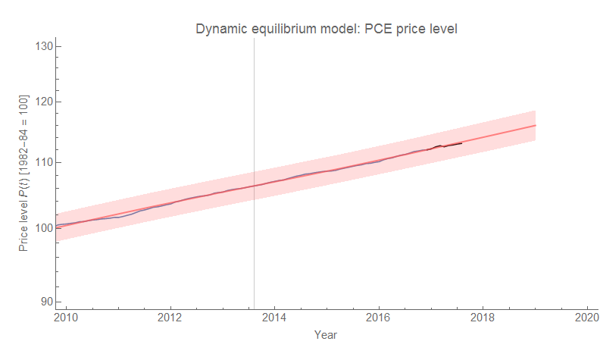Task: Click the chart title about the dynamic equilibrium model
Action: click(x=327, y=29)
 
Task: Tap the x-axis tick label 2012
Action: click(x=170, y=317)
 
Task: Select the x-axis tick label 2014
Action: click(x=275, y=317)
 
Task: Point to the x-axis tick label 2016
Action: click(x=379, y=317)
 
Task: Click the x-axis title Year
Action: click(x=326, y=334)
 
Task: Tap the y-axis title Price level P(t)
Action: click(x=24, y=174)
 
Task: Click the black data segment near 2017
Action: click(x=447, y=146)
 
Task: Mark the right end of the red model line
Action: click(x=536, y=125)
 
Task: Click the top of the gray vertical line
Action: click(x=254, y=39)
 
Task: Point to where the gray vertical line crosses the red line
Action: click(x=254, y=186)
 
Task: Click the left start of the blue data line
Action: click(x=58, y=225)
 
